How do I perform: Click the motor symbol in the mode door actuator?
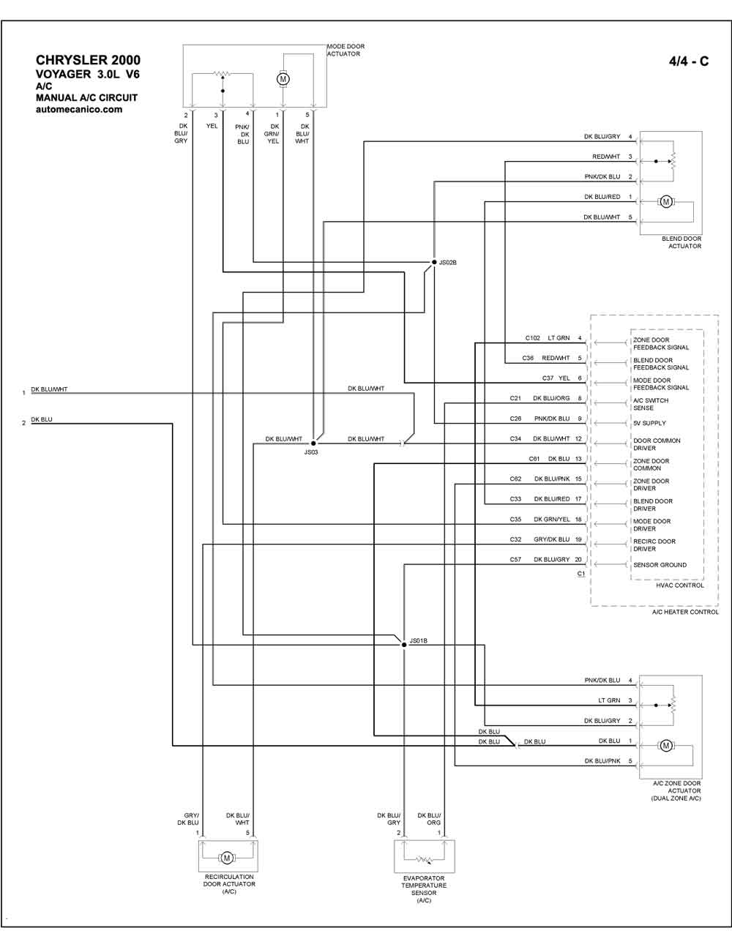[283, 79]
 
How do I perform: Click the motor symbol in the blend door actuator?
[665, 202]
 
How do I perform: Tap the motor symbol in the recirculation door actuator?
[226, 858]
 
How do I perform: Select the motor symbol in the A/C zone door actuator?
[665, 746]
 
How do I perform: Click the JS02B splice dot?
[434, 262]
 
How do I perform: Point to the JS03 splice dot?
[313, 443]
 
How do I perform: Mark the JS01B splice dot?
[404, 645]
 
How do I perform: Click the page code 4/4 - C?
[689, 61]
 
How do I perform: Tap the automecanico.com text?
[79, 109]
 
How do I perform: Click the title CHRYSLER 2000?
[88, 60]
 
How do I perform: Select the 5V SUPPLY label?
[650, 423]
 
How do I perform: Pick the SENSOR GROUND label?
[660, 565]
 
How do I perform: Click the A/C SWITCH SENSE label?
[651, 404]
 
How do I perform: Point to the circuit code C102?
[532, 338]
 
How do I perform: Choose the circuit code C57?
[515, 560]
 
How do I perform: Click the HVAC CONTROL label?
[680, 585]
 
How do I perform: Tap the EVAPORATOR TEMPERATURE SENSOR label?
[424, 886]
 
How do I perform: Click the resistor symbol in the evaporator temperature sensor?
[424, 860]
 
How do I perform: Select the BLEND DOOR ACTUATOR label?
[681, 242]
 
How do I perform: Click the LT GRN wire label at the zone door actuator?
[609, 700]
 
